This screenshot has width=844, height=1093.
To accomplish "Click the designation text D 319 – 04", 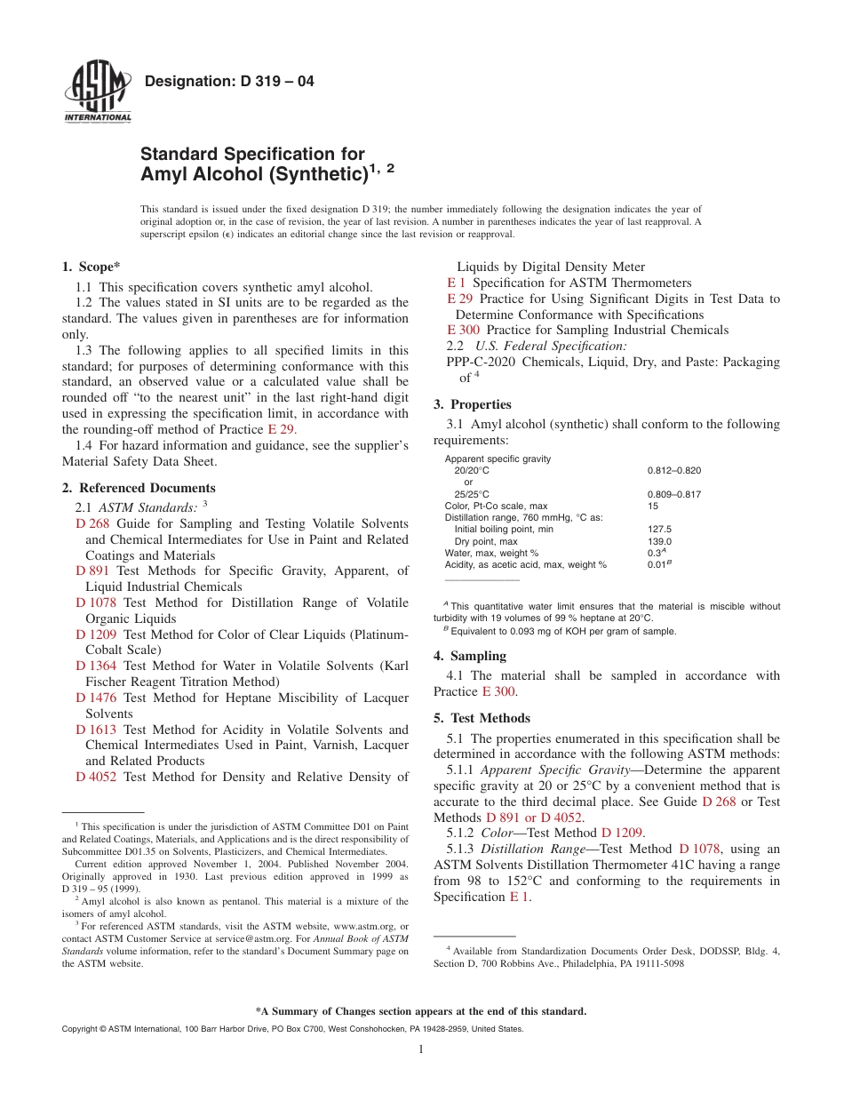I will (x=229, y=82).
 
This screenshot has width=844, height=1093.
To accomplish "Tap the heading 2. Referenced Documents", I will (x=139, y=488).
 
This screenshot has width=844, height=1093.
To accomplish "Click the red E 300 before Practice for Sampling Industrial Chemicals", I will (x=464, y=330).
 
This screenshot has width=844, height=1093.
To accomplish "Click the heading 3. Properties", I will (x=473, y=404).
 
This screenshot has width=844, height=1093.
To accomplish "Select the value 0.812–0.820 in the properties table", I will (x=674, y=470).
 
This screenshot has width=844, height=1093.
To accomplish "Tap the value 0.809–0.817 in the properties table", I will (x=674, y=494).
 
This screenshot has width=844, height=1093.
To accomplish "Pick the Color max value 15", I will (x=654, y=506).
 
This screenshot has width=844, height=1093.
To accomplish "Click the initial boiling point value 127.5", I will (x=659, y=529).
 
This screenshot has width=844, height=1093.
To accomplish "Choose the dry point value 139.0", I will (x=659, y=541).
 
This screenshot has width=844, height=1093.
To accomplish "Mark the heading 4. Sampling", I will (x=470, y=656).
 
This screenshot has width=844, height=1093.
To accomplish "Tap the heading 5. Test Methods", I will (x=482, y=718).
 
